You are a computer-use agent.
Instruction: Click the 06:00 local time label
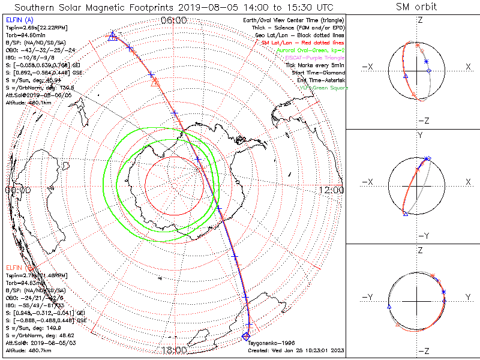[174, 20]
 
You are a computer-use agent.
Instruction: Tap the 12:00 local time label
[332, 190]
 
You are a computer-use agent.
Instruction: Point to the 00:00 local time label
[17, 190]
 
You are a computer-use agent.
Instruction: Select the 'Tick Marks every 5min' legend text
[316, 65]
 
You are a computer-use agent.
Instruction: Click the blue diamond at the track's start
[245, 335]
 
